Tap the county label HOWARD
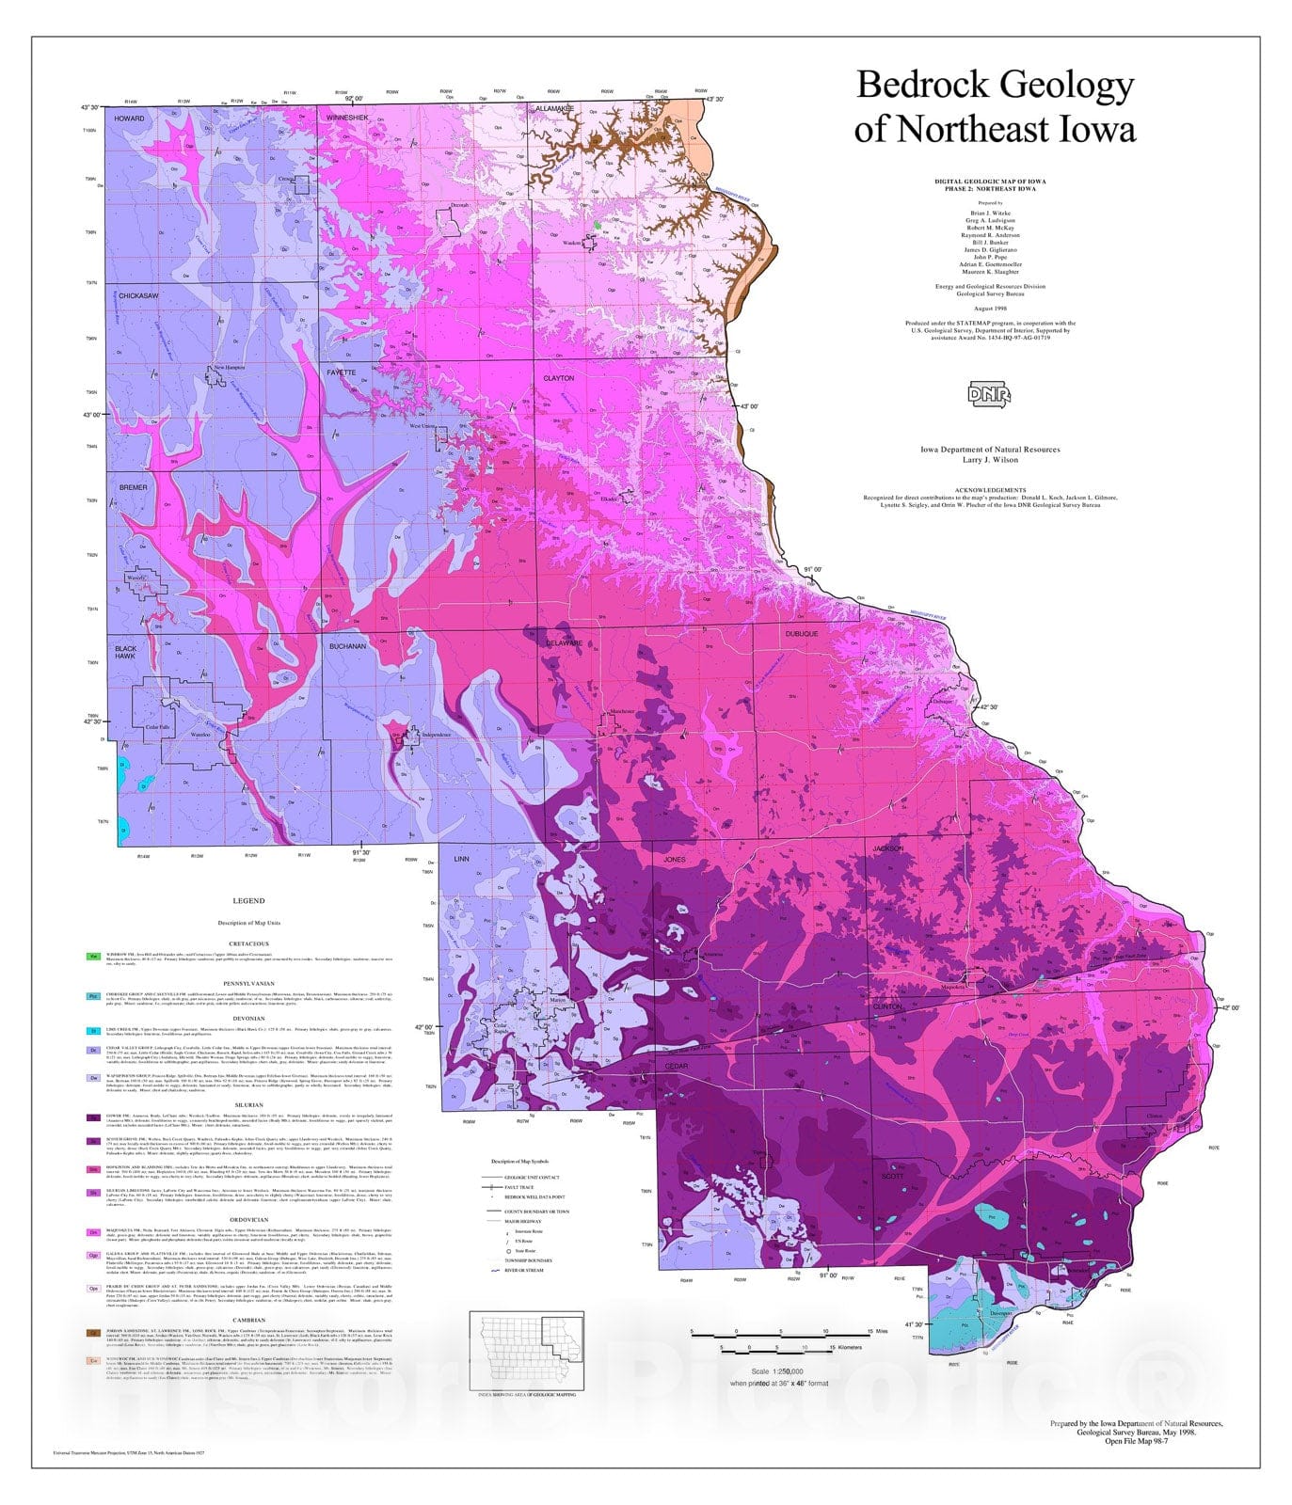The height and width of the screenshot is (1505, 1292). (x=130, y=119)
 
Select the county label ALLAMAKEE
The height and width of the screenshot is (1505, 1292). (x=554, y=109)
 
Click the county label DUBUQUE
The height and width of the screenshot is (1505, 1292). (x=802, y=634)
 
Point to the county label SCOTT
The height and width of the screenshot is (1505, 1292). (x=892, y=1176)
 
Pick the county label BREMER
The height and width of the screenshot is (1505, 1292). (x=133, y=487)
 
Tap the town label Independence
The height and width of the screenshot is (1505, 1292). (x=430, y=735)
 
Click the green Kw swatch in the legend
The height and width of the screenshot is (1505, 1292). (x=93, y=957)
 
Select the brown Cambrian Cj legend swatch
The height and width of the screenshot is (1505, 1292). (x=93, y=1333)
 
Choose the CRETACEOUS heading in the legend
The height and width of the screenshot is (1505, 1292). (x=248, y=943)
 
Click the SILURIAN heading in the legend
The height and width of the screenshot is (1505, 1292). (x=248, y=1106)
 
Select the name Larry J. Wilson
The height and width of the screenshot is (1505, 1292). (x=989, y=460)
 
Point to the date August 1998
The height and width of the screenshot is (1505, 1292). (x=989, y=308)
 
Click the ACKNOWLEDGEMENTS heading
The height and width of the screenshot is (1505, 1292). (x=989, y=490)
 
